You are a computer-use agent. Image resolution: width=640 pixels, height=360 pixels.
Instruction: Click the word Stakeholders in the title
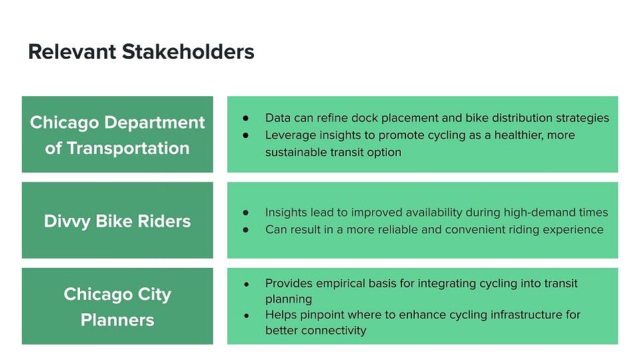tap(188, 52)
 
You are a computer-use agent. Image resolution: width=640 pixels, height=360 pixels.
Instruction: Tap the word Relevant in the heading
tap(72, 52)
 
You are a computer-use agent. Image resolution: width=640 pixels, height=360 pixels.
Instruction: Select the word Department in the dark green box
tap(155, 122)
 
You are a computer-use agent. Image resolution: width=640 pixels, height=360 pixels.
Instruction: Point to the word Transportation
tap(128, 148)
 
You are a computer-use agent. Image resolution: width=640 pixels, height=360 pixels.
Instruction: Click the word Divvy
tap(67, 222)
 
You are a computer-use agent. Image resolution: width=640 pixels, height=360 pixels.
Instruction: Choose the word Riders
tap(164, 221)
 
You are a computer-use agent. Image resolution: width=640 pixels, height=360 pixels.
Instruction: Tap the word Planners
tap(118, 320)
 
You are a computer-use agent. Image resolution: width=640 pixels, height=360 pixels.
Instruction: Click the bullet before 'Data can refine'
tap(246, 118)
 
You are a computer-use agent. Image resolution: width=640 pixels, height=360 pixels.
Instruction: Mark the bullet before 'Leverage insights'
tap(246, 135)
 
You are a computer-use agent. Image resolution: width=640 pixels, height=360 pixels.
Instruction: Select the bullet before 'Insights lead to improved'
tap(246, 212)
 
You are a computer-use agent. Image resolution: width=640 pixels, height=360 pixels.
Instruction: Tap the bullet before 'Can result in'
tap(246, 230)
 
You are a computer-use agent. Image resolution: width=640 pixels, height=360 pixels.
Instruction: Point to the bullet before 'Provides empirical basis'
tap(247, 284)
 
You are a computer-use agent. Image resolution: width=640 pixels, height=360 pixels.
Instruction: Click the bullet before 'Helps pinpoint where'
tap(247, 315)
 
